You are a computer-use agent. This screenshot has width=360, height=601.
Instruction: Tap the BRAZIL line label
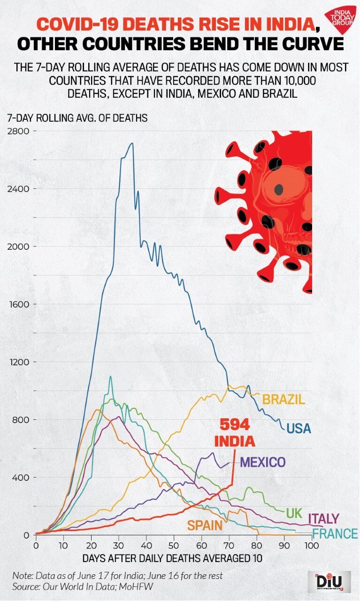283,400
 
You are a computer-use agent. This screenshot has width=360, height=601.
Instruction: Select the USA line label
299,428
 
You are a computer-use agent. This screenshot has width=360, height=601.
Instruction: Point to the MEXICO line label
262,462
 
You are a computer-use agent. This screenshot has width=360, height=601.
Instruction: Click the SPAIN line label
205,525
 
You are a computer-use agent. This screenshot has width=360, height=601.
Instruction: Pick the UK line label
294,513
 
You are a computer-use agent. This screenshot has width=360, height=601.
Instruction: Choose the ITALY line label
323,518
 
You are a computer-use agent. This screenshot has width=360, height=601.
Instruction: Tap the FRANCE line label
335,534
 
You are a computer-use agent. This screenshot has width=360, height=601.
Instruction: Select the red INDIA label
235,441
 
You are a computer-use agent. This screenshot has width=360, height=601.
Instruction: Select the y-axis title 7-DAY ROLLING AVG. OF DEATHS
77,118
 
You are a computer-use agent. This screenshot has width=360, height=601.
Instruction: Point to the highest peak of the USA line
132,144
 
